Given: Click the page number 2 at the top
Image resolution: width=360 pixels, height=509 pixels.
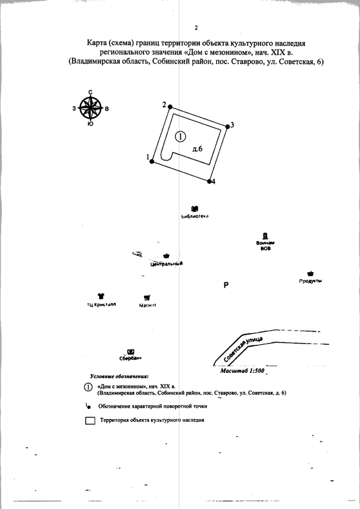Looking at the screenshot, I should (196, 28).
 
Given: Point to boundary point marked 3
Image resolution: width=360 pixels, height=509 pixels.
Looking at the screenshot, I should (227, 127).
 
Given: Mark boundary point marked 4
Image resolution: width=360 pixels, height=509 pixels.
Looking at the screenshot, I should (209, 181).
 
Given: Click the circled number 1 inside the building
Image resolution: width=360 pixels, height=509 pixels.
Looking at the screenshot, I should (180, 136).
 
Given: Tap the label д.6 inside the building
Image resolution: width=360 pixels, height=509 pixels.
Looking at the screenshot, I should (197, 148).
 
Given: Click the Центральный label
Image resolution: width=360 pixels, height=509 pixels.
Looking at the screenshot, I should (167, 263).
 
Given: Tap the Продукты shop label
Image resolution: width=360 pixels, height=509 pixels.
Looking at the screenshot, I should (310, 281).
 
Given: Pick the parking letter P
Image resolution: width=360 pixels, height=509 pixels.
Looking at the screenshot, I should (226, 285).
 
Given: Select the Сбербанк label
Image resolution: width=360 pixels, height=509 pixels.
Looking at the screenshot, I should (130, 357).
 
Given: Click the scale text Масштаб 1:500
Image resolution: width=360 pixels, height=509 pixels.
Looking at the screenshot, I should (238, 371).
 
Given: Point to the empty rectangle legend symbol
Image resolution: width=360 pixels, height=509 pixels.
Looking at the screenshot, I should (90, 420).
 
